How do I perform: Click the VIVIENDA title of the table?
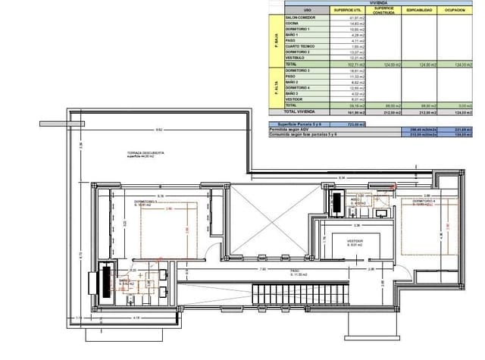pos(377,3)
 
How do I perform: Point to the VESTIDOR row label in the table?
pos(294,99)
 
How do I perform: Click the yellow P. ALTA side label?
pos(276,87)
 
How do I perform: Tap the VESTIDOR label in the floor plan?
pos(354,243)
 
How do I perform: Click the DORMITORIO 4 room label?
pos(432,202)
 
